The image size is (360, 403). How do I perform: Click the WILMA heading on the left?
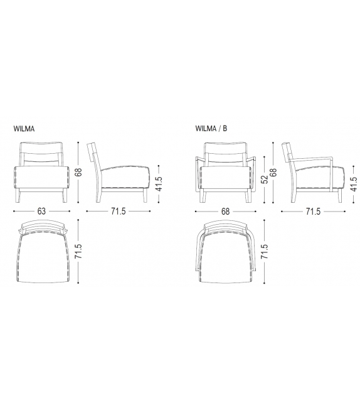pyautogui.click(x=24, y=129)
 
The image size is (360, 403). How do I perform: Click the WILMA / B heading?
pyautogui.click(x=211, y=128)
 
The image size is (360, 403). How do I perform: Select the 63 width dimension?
pyautogui.click(x=41, y=212)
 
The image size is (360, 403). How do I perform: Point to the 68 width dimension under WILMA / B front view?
pyautogui.click(x=225, y=212)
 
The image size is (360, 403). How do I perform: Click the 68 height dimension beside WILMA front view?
pyautogui.click(x=79, y=172)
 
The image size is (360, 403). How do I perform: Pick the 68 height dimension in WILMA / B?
pyautogui.click(x=273, y=172)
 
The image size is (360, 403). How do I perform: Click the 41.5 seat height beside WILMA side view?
pyautogui.click(x=159, y=183)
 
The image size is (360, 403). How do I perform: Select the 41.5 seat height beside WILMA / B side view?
pyautogui.click(x=354, y=184)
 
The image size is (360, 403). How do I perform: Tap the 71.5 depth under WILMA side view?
pyautogui.click(x=119, y=212)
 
